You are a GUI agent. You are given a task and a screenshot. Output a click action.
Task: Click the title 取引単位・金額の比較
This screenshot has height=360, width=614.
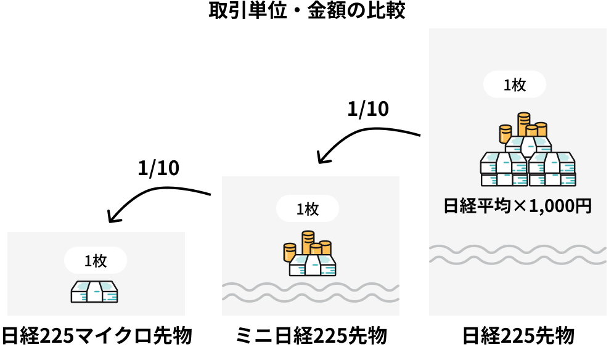coord(306,12)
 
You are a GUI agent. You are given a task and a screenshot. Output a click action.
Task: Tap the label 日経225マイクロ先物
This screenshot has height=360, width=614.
coord(97,337)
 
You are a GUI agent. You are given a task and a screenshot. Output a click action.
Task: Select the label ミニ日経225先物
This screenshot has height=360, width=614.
coord(311,337)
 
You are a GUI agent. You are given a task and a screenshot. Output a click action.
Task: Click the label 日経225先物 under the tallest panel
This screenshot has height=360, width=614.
coord(518,337)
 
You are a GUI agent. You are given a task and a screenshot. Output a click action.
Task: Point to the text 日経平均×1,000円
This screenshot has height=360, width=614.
coord(517,206)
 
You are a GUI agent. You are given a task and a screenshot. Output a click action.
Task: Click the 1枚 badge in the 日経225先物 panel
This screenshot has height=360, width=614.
coord(515,85)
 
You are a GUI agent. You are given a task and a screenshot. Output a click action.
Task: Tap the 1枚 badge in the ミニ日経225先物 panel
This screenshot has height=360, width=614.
coord(308,209)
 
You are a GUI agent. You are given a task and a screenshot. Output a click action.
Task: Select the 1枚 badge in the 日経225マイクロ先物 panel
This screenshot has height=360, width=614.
coord(96,261)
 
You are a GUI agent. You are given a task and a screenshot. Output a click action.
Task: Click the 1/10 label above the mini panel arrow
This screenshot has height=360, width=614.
coord(368,109)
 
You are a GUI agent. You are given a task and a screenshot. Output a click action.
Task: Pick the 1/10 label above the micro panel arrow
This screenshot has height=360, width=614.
coord(158,168)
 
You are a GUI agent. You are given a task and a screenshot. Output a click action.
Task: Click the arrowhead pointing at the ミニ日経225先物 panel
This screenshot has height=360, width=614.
coord(319,157)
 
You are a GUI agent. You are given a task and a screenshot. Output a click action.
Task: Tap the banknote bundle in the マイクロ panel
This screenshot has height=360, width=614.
coord(94,292)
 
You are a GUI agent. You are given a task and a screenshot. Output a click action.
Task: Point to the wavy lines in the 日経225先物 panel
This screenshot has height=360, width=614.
coord(517,254)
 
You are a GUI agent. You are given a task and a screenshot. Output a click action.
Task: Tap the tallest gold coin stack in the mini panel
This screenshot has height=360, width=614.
coord(308,241)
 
